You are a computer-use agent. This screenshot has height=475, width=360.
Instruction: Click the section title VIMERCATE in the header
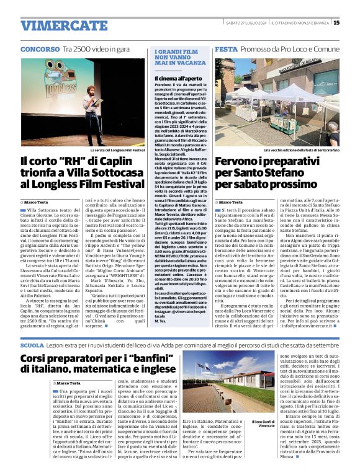click(x=55, y=26)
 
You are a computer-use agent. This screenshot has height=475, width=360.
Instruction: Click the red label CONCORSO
click(x=40, y=48)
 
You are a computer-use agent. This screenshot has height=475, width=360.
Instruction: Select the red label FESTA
click(x=225, y=48)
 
